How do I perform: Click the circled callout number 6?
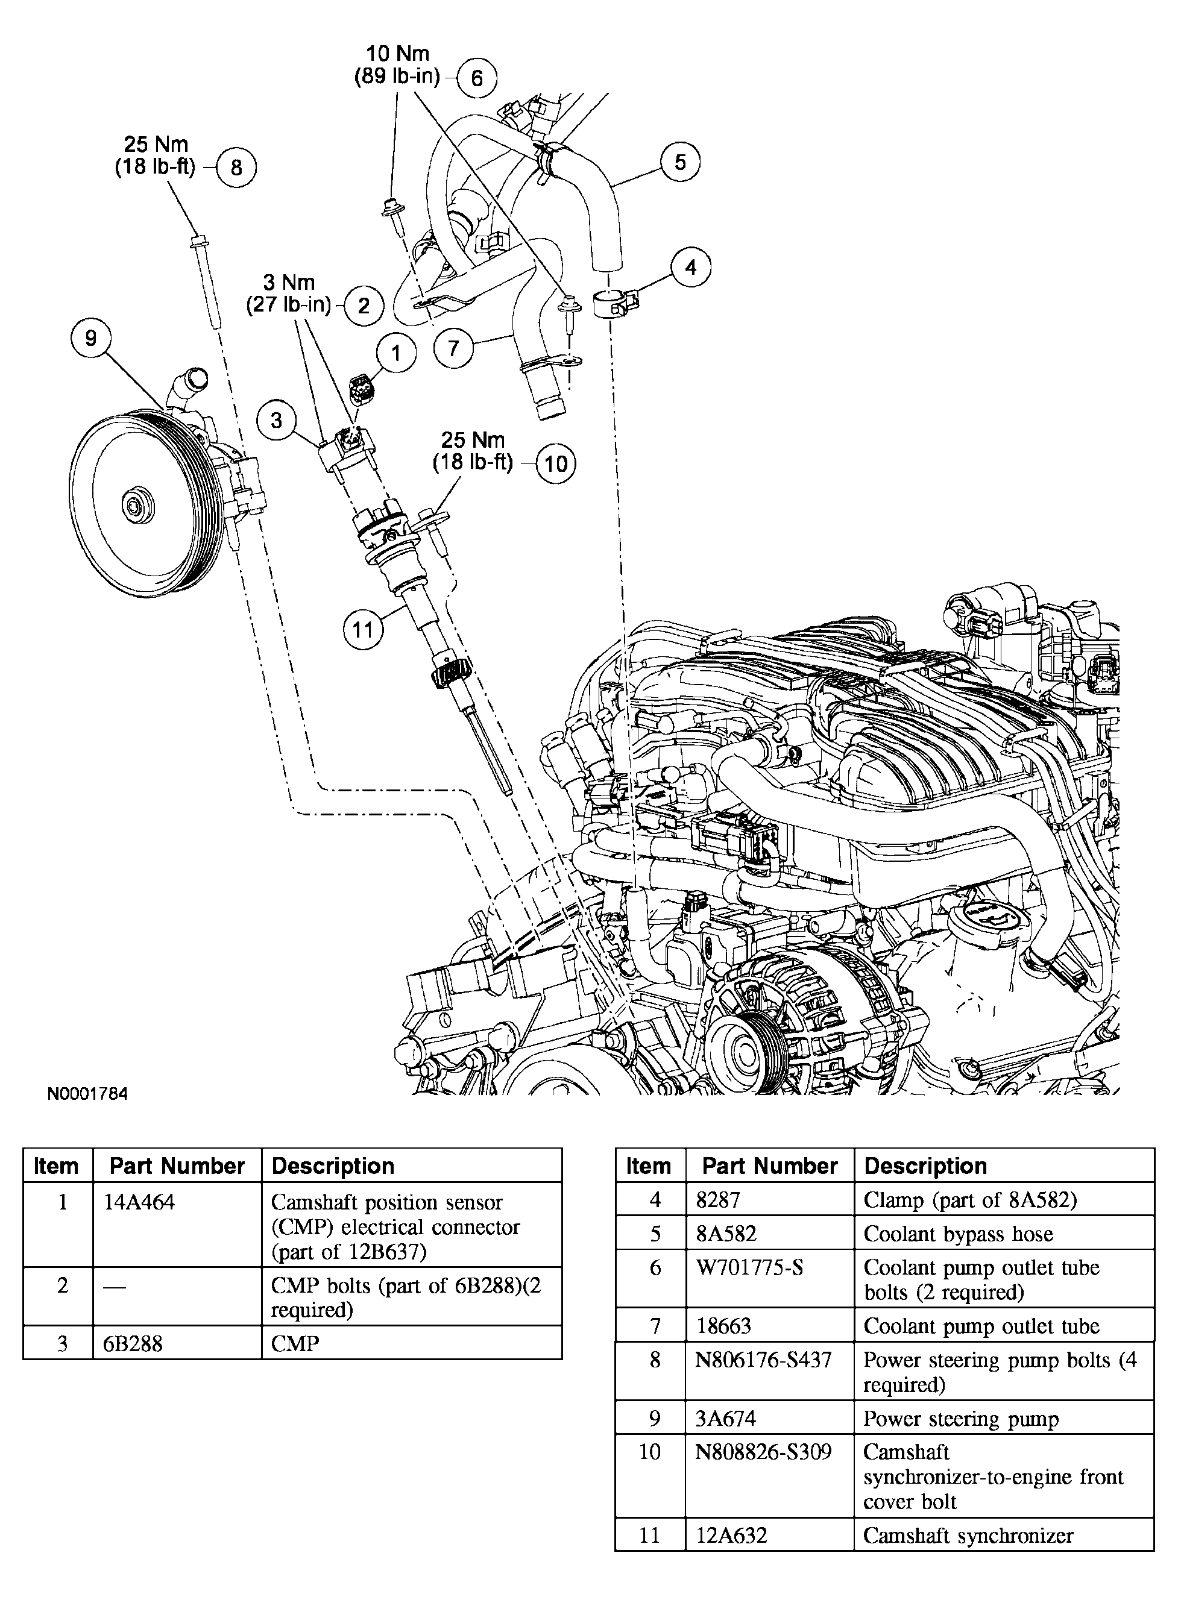476,78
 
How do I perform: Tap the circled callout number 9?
90,337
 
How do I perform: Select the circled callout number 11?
363,629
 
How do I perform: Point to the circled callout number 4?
690,268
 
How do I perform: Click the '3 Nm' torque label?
289,283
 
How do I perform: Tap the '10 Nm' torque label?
398,54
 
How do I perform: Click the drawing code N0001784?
87,1094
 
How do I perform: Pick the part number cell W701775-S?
749,1268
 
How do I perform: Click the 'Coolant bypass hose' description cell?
958,1234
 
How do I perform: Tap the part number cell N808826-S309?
763,1452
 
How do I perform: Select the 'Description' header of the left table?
333,1166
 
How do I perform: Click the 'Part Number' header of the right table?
769,1166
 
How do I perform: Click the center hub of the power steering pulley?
136,505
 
